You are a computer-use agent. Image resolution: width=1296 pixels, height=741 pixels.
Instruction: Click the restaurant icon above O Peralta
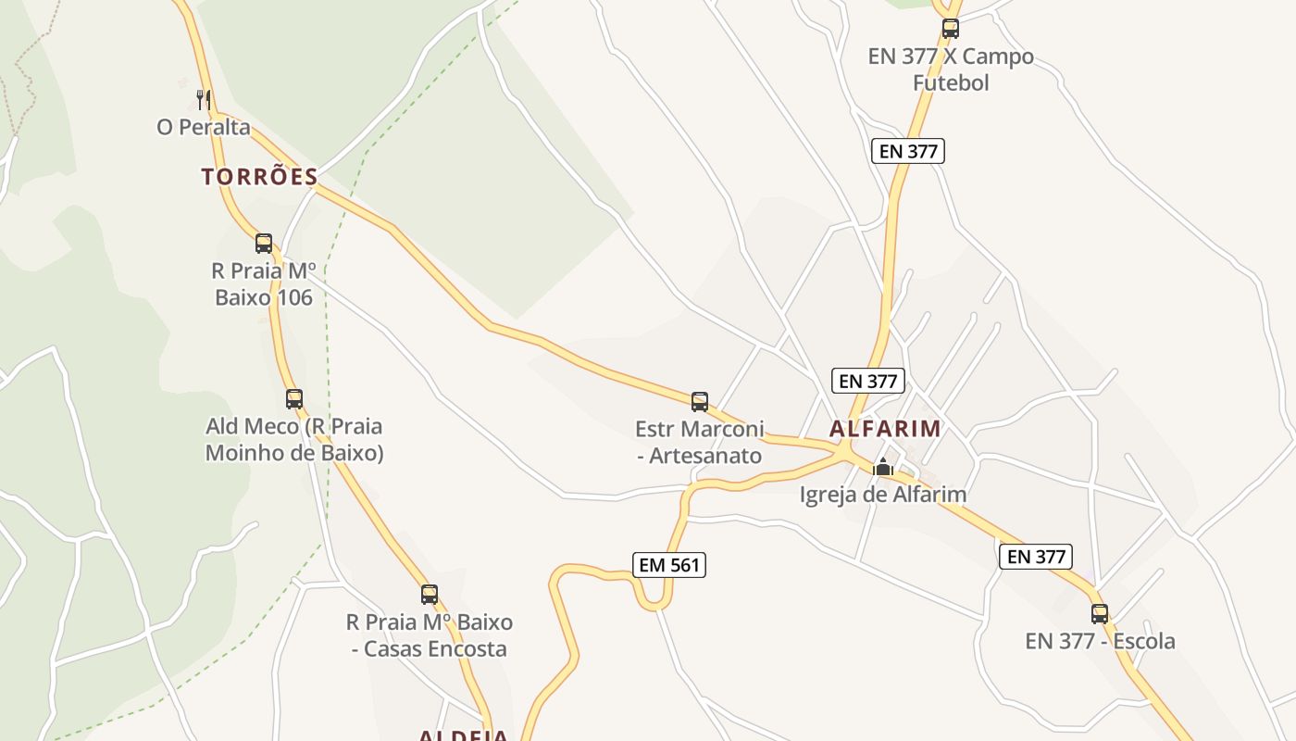pos(204,98)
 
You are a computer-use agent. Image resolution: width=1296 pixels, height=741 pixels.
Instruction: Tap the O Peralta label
pos(204,127)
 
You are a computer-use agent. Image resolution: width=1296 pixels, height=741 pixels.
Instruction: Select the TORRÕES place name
pos(259,177)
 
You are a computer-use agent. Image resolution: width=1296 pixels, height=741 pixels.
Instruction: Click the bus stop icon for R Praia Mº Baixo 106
pos(264,244)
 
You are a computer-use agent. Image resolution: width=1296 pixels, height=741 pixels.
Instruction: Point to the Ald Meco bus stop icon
pos(294,399)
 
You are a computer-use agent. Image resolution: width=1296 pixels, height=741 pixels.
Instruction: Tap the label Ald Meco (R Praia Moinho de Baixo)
pos(293,440)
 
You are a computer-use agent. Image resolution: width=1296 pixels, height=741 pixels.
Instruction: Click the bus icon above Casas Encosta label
pos(430,595)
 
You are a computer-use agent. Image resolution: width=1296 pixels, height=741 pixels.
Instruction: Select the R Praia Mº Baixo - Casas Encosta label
pos(430,634)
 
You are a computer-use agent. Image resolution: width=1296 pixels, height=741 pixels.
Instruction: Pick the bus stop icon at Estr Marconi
pos(700,402)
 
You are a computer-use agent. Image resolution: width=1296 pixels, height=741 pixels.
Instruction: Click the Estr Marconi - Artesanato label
pos(700,442)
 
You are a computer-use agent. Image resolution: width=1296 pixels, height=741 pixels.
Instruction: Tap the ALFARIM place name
pos(885,429)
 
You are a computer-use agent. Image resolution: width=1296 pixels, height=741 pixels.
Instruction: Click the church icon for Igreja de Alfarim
pos(883,467)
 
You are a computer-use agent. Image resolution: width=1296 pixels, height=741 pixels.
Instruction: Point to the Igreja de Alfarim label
pos(883,495)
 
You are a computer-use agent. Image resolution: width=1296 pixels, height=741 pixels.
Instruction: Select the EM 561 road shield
pos(670,565)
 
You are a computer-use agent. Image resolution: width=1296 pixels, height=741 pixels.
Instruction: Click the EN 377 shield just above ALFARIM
pos(867,381)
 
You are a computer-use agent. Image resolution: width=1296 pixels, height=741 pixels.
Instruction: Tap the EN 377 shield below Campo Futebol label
pos(908,151)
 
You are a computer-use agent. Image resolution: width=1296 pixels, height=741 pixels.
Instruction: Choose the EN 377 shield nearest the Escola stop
pos(1036,557)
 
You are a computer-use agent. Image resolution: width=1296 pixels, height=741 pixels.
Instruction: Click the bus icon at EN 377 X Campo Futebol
pos(951,29)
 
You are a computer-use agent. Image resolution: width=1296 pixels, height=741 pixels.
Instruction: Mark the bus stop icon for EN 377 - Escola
pos(1100,613)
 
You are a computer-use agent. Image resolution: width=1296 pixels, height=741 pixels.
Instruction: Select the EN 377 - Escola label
pos(1100,641)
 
